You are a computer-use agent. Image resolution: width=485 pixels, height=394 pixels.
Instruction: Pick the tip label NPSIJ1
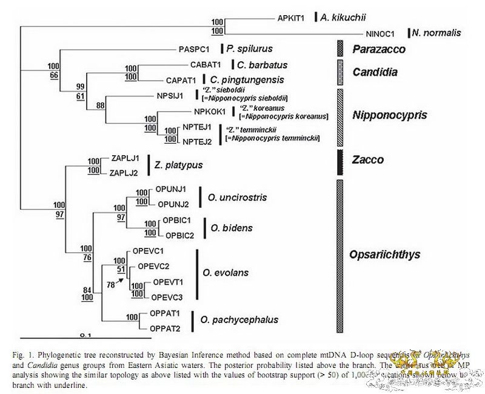coord(169,95)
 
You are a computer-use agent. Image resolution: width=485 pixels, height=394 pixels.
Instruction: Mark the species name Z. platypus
coord(179,165)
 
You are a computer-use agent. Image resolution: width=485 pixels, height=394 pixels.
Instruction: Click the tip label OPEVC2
coord(153,266)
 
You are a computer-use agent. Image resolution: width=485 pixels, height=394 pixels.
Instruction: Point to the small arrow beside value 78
coord(124,278)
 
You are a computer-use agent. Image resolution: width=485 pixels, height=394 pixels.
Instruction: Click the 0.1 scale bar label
coord(85,335)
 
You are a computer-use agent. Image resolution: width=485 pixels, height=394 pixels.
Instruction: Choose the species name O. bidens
coord(227,228)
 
